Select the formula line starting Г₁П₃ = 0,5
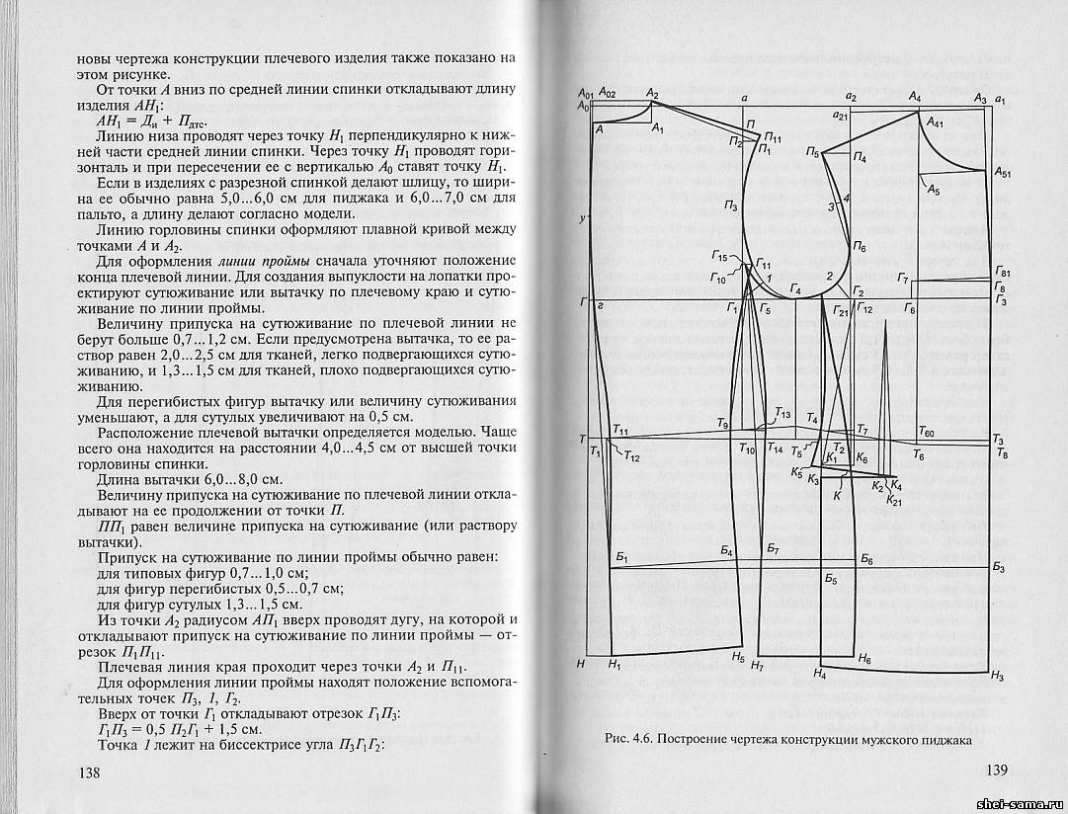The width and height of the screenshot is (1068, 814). (x=172, y=726)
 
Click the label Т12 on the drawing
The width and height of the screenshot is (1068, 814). (x=632, y=456)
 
